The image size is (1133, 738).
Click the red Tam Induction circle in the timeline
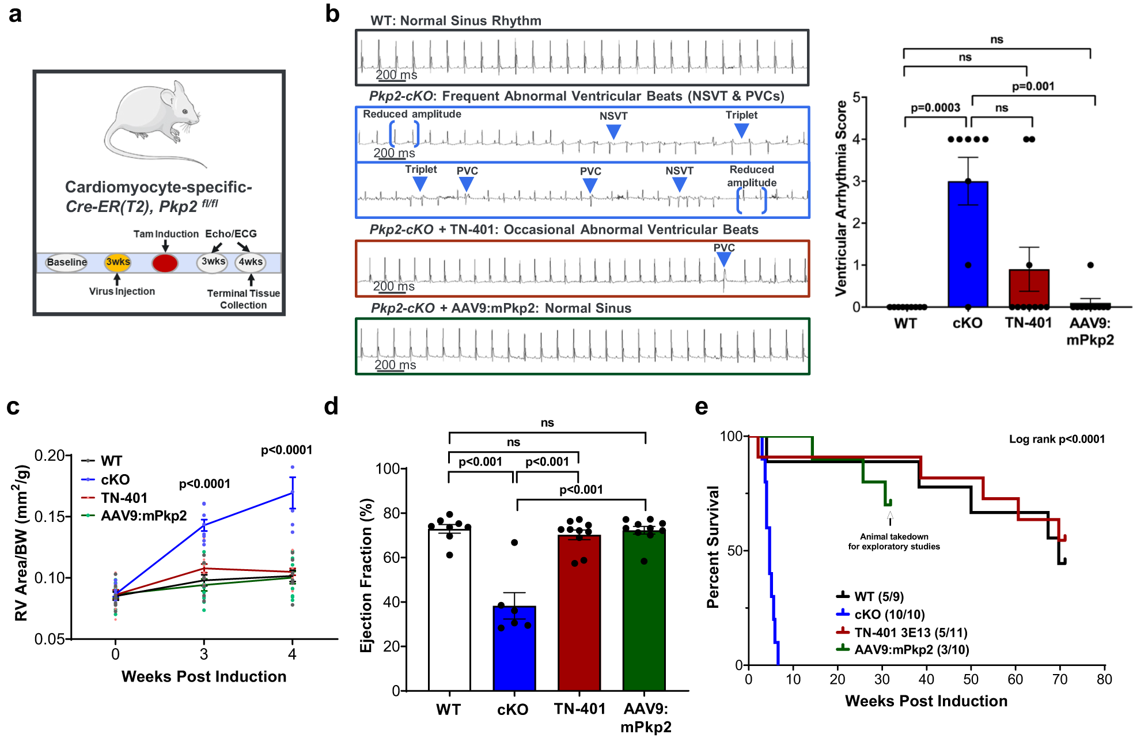165,263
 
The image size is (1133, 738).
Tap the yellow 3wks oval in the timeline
118,262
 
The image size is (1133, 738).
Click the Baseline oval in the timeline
67,262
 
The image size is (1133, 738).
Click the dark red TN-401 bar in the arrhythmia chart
1029,288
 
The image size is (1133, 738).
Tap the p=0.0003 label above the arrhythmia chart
935,108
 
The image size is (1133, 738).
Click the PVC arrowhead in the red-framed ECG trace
723,260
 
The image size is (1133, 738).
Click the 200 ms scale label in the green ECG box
395,365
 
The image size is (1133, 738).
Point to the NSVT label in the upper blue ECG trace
613,116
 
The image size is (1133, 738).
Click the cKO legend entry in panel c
115,479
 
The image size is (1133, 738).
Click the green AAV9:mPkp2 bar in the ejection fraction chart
644,611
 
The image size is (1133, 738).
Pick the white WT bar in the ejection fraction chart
449,611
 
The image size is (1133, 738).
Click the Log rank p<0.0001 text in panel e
1056,439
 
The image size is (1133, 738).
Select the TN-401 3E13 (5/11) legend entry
902,632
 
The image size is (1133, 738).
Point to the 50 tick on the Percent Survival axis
734,550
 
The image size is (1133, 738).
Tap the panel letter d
331,407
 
